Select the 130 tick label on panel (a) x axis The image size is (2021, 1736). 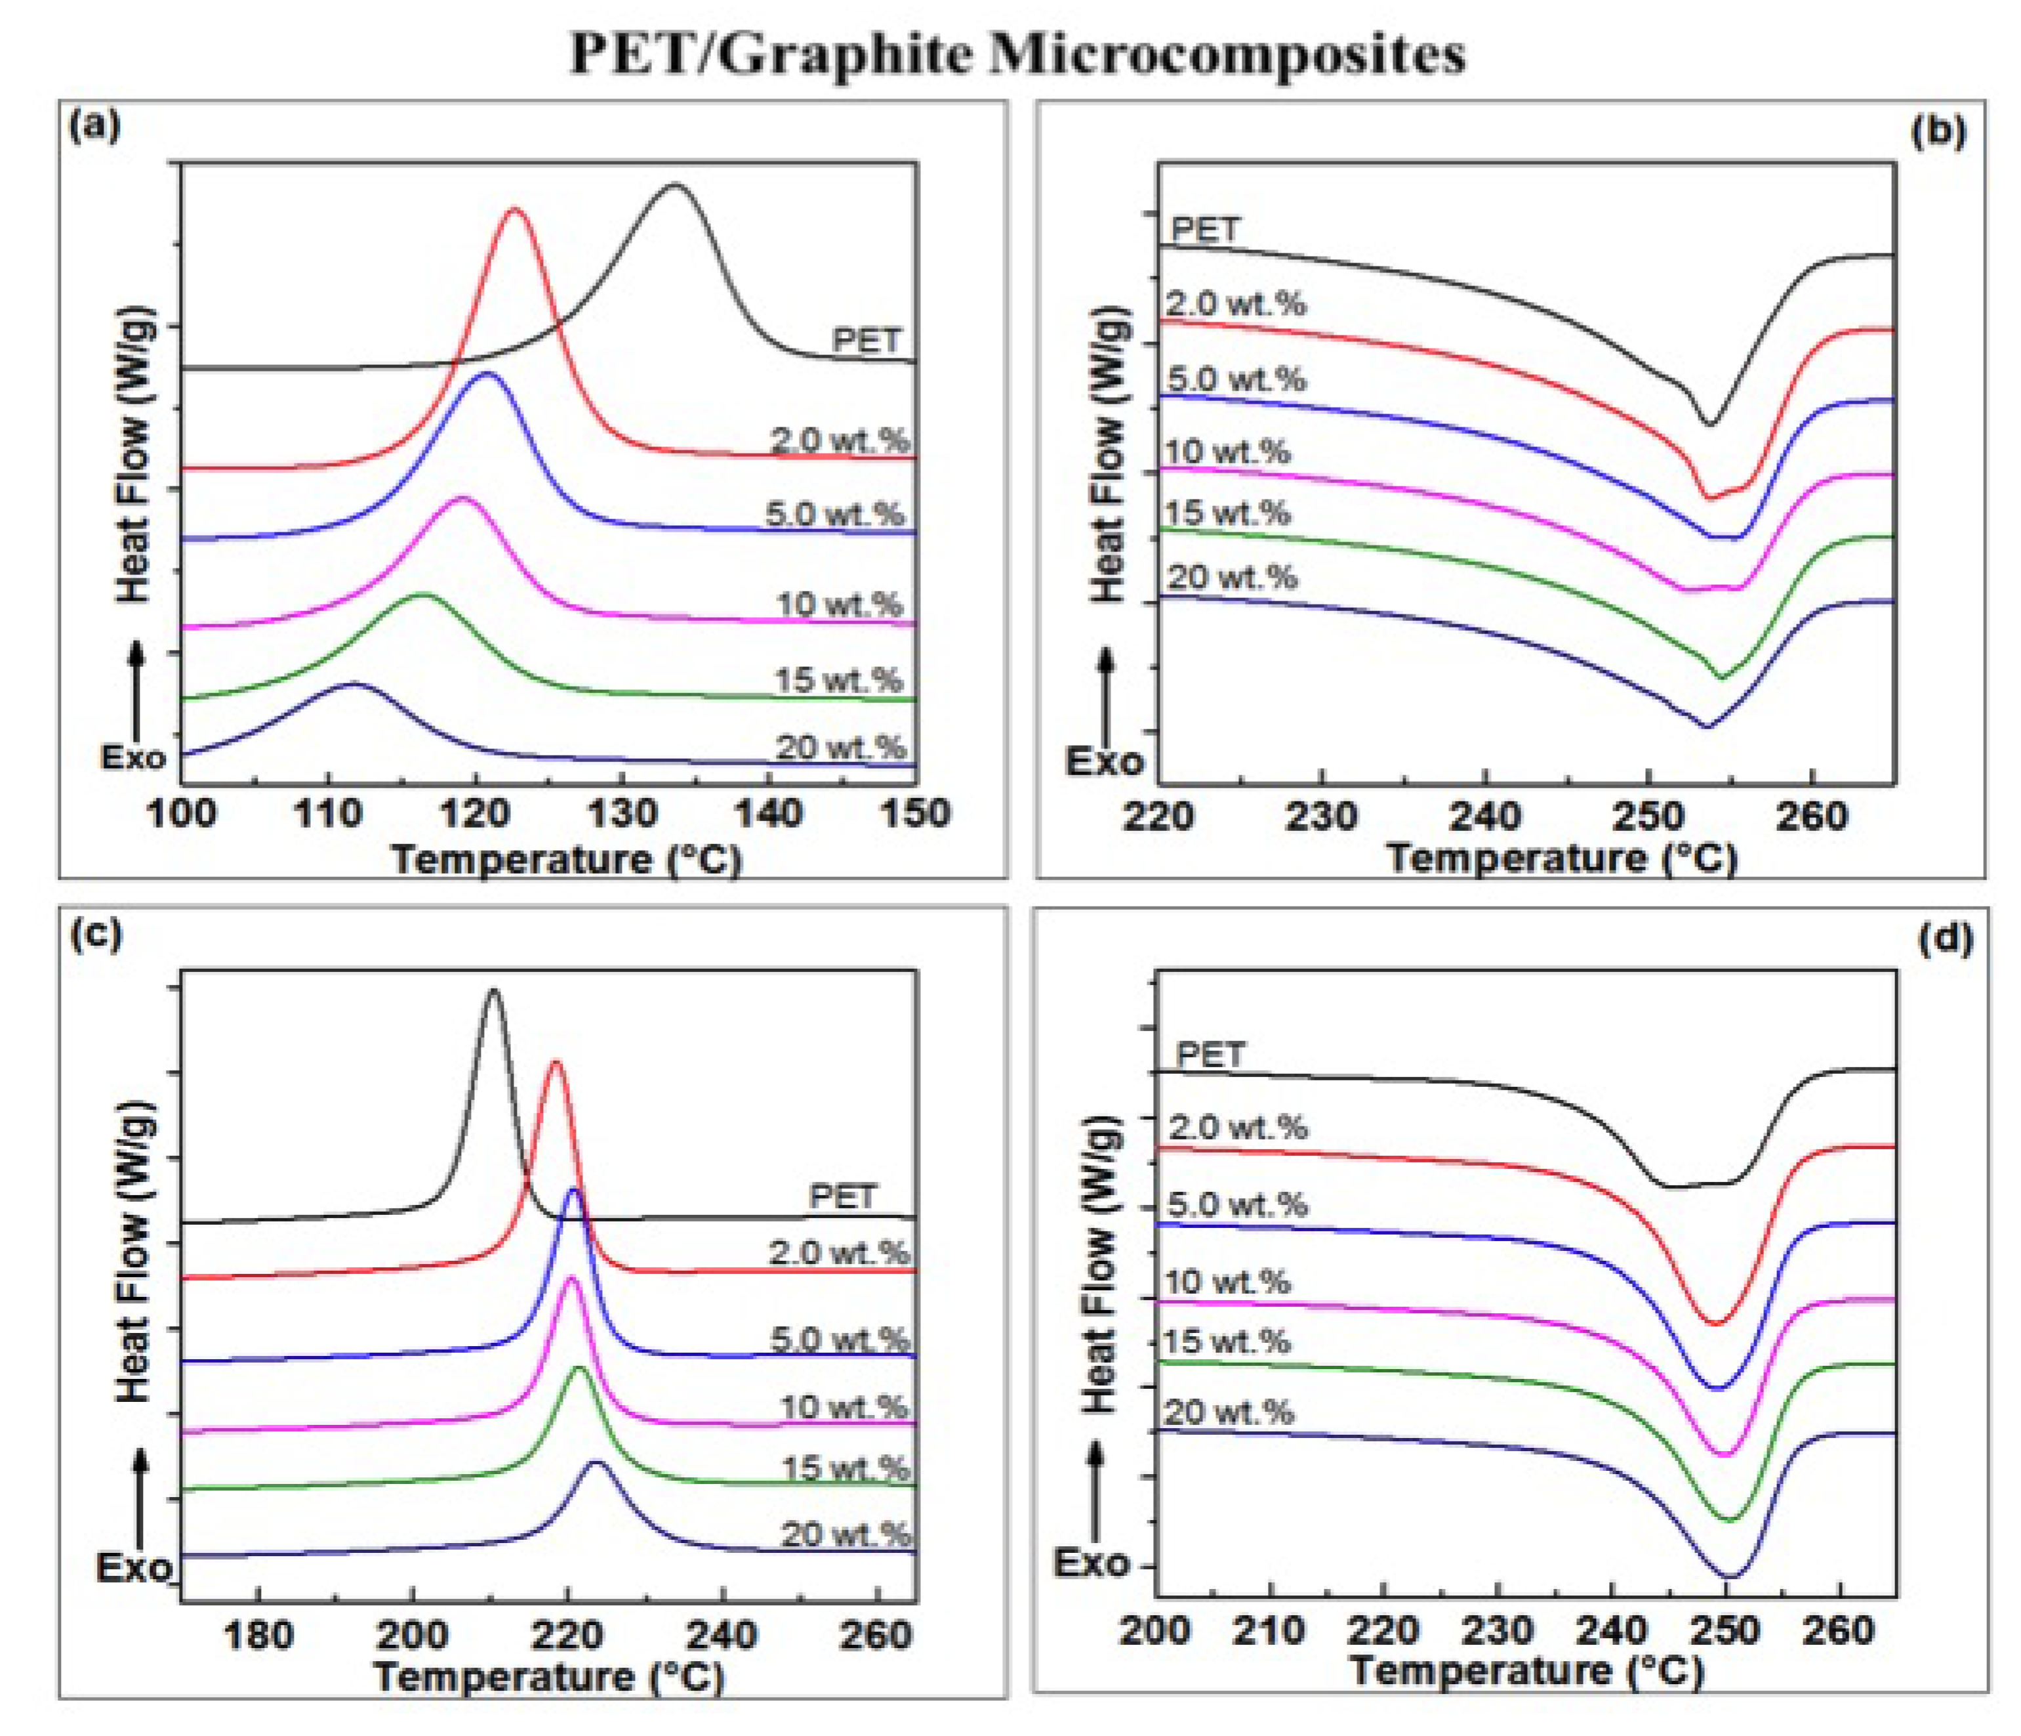(623, 813)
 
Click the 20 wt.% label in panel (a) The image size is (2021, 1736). (841, 748)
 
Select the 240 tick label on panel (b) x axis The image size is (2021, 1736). (1484, 816)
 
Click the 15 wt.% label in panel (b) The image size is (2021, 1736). (1227, 513)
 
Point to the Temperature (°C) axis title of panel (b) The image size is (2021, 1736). (1562, 858)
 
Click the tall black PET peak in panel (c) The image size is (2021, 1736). (493, 992)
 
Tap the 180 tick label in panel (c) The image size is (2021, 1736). (258, 1632)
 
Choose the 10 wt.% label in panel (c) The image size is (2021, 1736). (844, 1406)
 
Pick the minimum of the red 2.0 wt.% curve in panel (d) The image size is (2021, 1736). (1716, 1323)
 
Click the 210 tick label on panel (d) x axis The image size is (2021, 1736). (1269, 1630)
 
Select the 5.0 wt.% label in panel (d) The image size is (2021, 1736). (1236, 1204)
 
